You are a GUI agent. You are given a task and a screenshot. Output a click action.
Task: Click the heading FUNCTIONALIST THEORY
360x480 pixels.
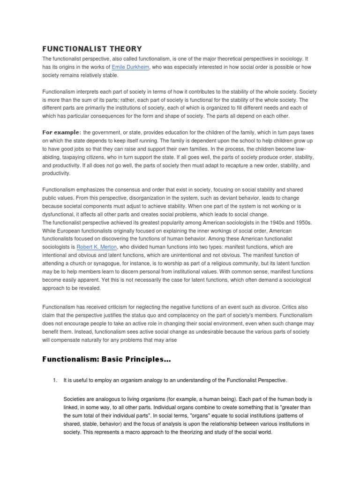click(92, 49)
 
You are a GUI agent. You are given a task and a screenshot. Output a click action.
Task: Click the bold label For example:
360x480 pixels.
click(62, 132)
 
